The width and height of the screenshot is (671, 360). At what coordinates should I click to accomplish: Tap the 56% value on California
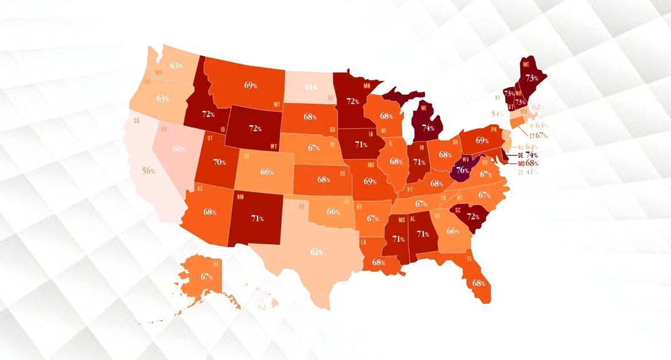149,170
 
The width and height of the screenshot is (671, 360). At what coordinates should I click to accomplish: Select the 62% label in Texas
317,252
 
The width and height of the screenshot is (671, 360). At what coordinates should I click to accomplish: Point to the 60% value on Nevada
180,149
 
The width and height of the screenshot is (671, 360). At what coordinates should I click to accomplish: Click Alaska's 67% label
207,276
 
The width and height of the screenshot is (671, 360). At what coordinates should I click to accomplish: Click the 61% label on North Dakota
311,87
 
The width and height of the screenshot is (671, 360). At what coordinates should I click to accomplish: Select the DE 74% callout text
527,155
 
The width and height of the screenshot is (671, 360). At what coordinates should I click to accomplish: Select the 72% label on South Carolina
473,217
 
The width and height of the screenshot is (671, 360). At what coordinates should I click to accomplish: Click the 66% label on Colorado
267,171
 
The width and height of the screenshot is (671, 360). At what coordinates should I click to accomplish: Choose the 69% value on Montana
251,85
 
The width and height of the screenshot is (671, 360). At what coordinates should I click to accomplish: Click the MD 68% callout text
527,163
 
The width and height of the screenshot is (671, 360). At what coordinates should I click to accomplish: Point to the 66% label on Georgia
453,230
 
